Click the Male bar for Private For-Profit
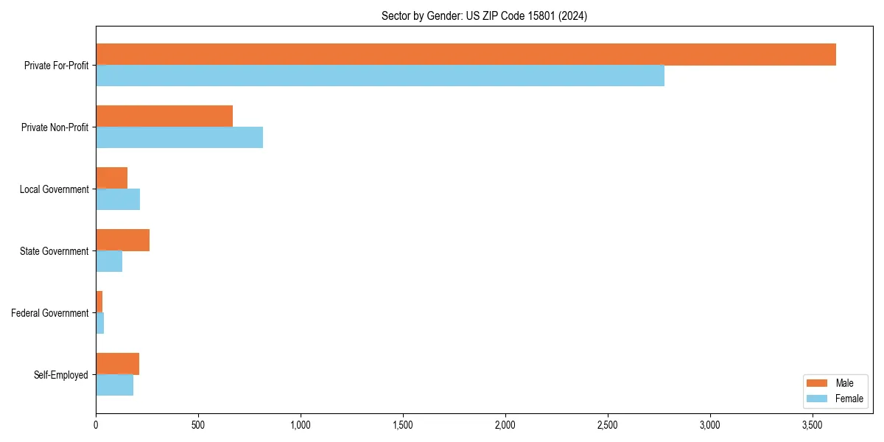466,55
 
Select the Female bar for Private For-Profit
380,76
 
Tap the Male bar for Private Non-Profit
164,116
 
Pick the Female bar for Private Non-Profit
179,138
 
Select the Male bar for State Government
122,240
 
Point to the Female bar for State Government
109,262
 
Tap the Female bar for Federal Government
100,323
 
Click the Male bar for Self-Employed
117,364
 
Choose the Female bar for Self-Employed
114,385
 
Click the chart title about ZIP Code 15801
484,15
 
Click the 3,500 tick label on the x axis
812,426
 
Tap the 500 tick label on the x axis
197,426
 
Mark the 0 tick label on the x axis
96,426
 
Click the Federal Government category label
49,313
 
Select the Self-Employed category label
60,375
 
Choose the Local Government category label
54,189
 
